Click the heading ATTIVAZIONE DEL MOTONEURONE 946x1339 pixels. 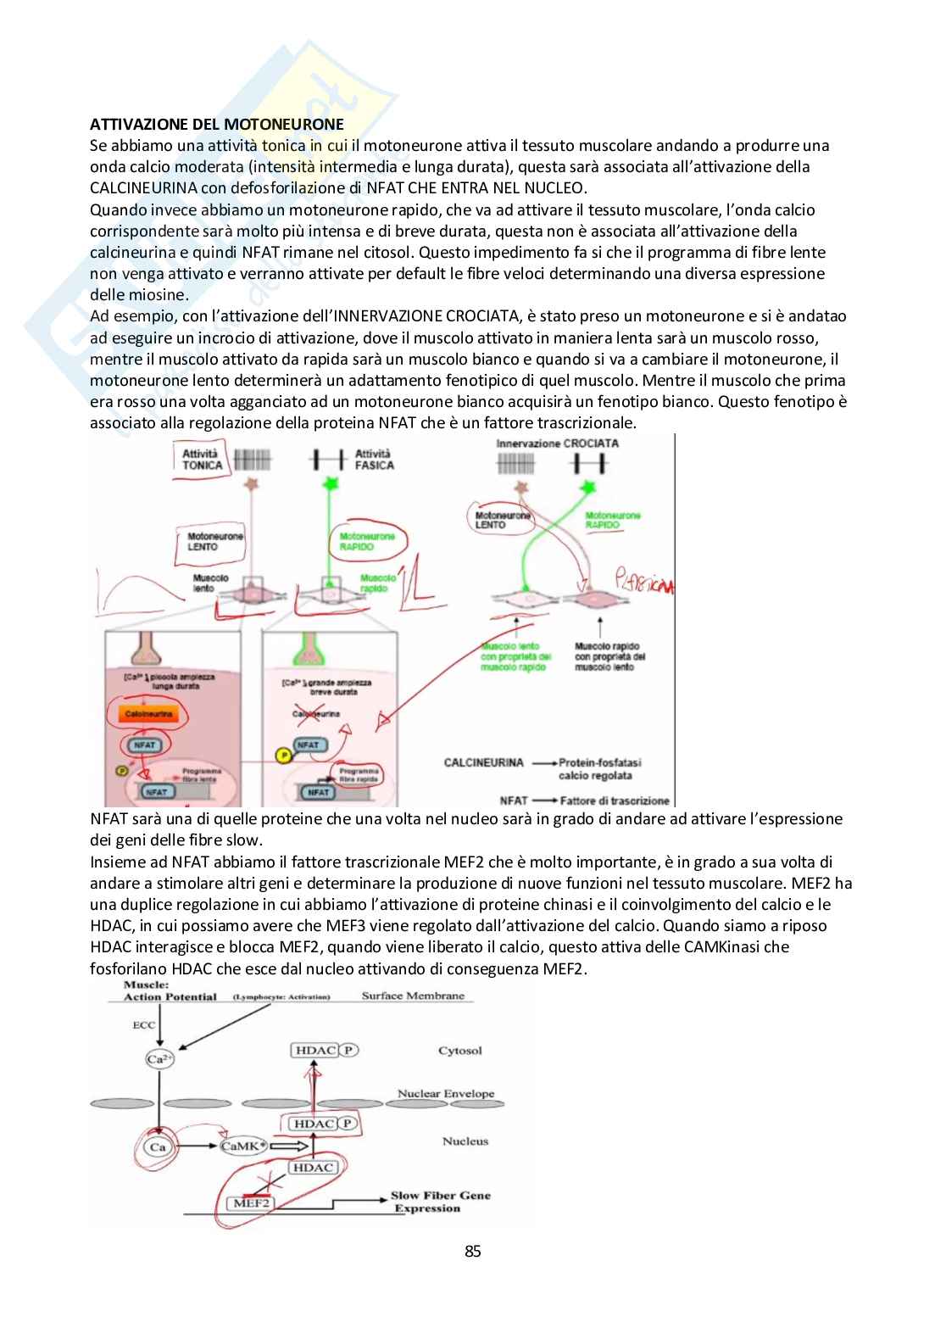click(x=217, y=124)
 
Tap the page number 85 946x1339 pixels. click(x=473, y=1251)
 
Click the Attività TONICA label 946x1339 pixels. click(x=203, y=460)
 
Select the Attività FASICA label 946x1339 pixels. click(x=373, y=460)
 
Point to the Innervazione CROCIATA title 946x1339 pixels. click(x=557, y=443)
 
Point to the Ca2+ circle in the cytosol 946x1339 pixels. click(x=156, y=1058)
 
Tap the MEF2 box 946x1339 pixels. click(x=247, y=1203)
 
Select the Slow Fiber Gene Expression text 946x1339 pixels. click(x=439, y=1202)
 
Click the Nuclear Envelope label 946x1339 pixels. click(x=445, y=1093)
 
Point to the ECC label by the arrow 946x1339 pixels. click(x=144, y=1025)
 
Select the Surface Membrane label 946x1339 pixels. click(x=413, y=996)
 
